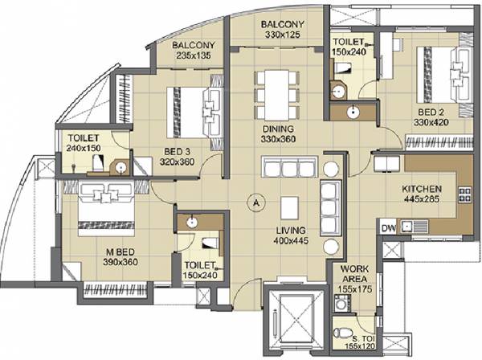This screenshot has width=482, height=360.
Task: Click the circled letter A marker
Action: [255, 202]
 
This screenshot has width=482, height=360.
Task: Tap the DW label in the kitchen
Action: [388, 227]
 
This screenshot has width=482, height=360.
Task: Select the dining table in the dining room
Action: [272, 93]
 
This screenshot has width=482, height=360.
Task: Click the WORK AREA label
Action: [354, 275]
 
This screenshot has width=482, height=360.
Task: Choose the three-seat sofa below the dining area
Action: [290, 167]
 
